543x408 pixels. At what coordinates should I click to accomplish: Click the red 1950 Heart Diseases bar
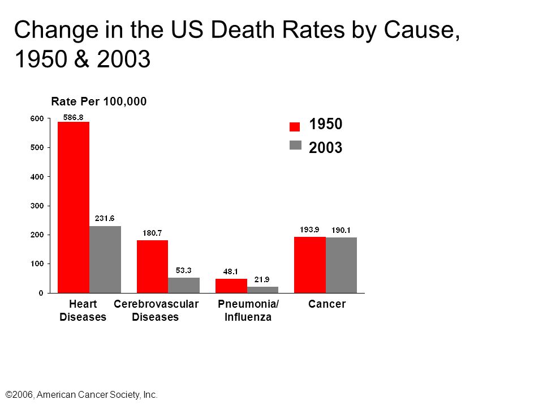click(x=74, y=207)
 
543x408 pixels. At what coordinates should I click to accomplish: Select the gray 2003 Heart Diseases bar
click(x=105, y=260)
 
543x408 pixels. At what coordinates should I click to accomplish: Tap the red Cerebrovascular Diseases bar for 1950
click(x=152, y=266)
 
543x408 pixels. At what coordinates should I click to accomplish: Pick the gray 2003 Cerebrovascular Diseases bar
click(x=184, y=285)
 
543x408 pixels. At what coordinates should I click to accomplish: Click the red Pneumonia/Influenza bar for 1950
click(x=231, y=286)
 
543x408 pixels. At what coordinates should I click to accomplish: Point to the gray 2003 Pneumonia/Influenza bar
click(x=262, y=290)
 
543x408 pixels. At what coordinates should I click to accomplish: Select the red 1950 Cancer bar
click(x=310, y=265)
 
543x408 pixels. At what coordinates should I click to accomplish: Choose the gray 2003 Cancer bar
click(x=341, y=265)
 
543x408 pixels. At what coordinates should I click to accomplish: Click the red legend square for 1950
click(x=295, y=126)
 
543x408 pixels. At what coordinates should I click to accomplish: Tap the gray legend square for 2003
click(x=295, y=145)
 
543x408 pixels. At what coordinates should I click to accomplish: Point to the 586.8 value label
click(x=73, y=118)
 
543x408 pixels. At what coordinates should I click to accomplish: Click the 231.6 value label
click(x=105, y=218)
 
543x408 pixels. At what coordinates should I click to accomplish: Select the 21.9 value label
click(x=262, y=279)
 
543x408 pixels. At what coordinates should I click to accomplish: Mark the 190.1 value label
click(x=341, y=231)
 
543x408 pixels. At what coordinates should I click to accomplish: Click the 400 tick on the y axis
click(x=37, y=177)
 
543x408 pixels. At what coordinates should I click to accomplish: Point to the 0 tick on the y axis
click(x=41, y=293)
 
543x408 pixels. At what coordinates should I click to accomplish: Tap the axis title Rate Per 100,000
click(x=98, y=101)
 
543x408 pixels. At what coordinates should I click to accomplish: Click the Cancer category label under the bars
click(x=327, y=304)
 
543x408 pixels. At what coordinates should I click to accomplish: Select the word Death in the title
click(x=243, y=29)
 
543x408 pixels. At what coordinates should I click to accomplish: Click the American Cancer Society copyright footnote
click(x=81, y=395)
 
